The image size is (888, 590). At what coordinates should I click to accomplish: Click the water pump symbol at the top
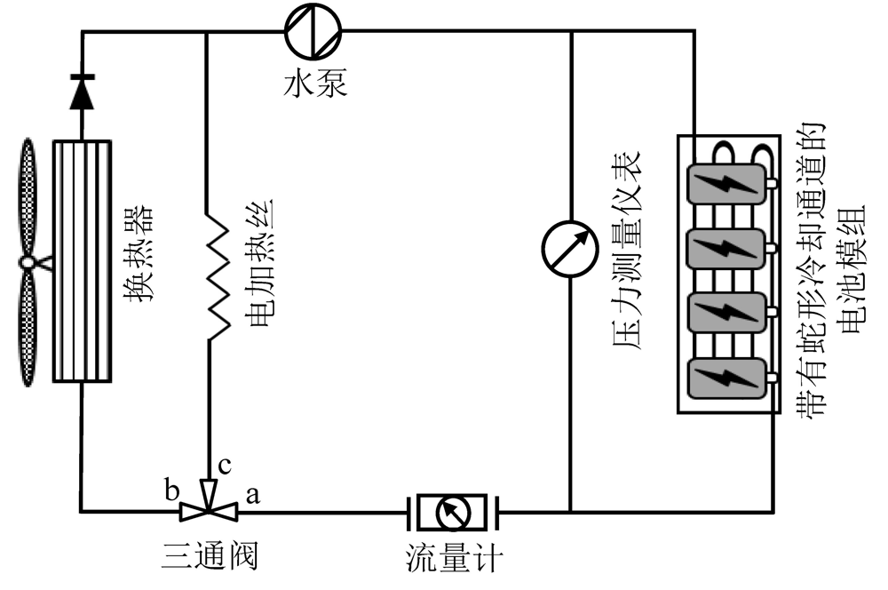313,31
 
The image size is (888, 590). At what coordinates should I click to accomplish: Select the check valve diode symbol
82,92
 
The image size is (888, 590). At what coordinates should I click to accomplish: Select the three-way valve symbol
208,508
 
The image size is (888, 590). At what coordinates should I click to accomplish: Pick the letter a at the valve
251,494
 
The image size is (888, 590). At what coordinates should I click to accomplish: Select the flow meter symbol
453,511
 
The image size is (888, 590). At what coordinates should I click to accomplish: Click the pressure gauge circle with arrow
569,243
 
